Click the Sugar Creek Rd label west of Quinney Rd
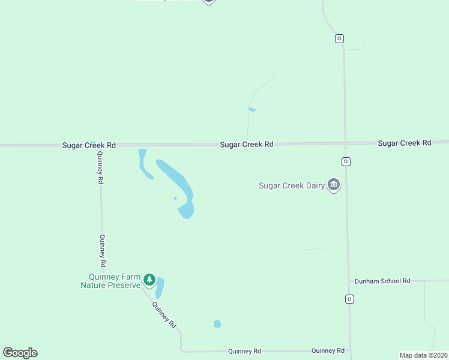[x=89, y=145]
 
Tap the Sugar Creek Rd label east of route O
[x=405, y=143]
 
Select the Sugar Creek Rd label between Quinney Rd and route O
[x=247, y=144]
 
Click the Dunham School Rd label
[x=382, y=281]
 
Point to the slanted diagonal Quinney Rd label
[x=164, y=314]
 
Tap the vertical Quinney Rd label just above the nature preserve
[x=103, y=251]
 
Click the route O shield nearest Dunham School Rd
[x=348, y=299]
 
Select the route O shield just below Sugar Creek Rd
[x=346, y=161]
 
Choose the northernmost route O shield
[x=339, y=38]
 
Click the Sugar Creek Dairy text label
[x=291, y=185]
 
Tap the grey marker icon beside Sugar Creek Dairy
[x=334, y=185]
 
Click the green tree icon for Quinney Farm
[x=149, y=280]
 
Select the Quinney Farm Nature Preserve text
[x=111, y=281]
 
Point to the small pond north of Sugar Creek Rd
[x=253, y=110]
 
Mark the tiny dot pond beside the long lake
[x=175, y=198]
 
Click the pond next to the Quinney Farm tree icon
[x=160, y=287]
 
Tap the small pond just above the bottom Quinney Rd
[x=217, y=324]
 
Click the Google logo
[x=20, y=353]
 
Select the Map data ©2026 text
[x=423, y=355]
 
